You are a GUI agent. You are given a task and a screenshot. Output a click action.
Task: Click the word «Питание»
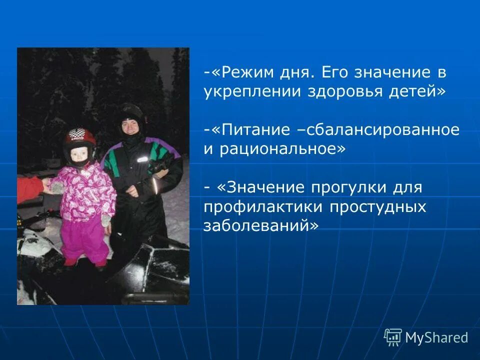tap(253, 130)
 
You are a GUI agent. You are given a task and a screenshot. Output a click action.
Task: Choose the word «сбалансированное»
tap(383, 130)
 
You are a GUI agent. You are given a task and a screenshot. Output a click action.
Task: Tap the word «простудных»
tap(379, 206)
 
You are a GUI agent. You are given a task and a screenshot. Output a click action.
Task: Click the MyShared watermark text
tap(436, 337)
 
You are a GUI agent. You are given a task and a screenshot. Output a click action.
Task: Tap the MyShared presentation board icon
tap(393, 337)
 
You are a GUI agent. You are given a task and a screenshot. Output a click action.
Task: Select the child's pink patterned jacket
tap(84, 192)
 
